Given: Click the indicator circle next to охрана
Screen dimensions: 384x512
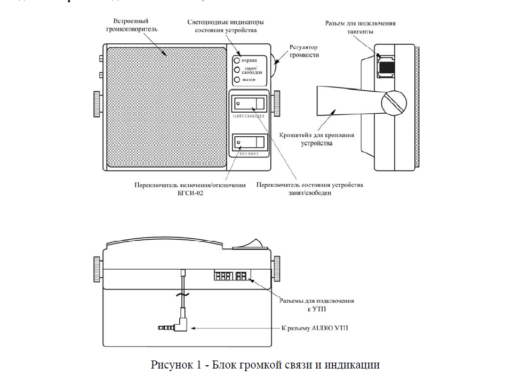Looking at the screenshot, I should [237, 60].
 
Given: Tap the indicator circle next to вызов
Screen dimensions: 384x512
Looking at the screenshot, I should [237, 80].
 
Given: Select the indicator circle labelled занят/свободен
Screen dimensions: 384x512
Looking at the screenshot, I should [237, 70].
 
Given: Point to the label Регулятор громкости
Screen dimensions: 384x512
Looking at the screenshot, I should [304, 51].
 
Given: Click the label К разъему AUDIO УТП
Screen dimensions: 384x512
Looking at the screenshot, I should [314, 328].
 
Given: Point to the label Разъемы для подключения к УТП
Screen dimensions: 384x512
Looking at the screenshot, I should [316, 304].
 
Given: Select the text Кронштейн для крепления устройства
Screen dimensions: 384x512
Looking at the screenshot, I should [316, 139].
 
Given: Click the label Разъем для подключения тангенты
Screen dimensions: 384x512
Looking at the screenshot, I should [361, 27].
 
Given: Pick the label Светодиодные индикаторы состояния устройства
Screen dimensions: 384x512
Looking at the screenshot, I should [226, 26].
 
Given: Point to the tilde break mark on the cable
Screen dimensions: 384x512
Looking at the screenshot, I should [182, 295].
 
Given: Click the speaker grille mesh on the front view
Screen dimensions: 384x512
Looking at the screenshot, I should [165, 107].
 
